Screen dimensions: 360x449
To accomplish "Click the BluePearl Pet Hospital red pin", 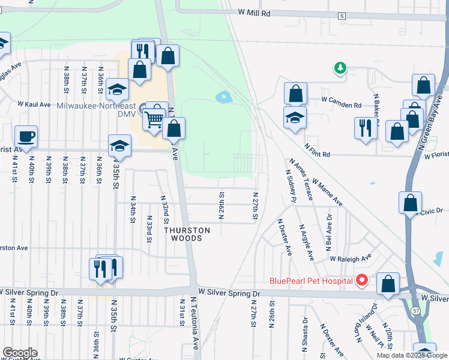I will (x=361, y=280).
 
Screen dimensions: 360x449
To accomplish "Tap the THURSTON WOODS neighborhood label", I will (x=188, y=234).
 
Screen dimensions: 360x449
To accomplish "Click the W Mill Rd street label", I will (x=254, y=13).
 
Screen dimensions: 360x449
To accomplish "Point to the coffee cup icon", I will (x=26, y=136).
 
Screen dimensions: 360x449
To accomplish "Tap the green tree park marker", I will (x=340, y=67).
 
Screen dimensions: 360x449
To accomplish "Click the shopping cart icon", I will (x=154, y=119).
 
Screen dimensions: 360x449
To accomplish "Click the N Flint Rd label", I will (x=317, y=149).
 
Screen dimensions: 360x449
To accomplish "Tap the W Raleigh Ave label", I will (x=351, y=259).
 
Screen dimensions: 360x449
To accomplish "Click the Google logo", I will (x=20, y=353).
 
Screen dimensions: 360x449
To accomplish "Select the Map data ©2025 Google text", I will (x=412, y=355).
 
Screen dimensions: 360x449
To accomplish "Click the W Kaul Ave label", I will (x=37, y=104).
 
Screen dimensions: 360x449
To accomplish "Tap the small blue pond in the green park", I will (x=223, y=96).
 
